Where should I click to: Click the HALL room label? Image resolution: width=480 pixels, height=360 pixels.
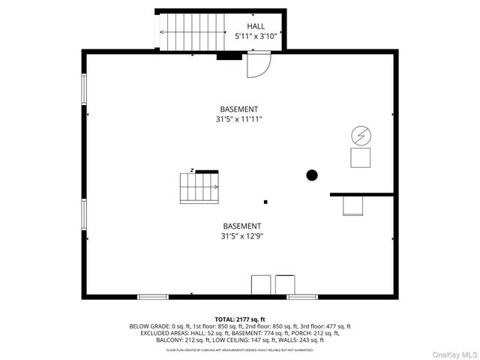click(256, 26)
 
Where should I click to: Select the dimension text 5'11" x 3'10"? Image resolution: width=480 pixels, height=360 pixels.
click(256, 36)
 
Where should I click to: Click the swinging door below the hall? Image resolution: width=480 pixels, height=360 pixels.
click(257, 65)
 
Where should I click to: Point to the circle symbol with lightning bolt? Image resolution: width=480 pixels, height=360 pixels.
click(361, 135)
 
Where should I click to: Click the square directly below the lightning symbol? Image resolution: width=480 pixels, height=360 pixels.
click(361, 157)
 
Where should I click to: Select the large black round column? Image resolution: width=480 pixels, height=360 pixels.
click(312, 175)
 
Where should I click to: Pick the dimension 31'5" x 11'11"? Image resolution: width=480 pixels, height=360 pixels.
click(239, 118)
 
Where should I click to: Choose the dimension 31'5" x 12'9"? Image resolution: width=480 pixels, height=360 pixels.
click(241, 235)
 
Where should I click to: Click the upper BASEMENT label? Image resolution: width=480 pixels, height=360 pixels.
click(239, 109)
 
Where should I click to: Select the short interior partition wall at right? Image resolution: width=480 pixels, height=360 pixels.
click(361, 194)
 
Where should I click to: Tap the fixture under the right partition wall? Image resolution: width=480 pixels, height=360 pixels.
click(353, 205)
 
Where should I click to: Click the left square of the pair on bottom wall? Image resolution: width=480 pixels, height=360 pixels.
click(260, 285)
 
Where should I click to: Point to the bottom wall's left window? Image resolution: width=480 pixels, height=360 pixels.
click(153, 297)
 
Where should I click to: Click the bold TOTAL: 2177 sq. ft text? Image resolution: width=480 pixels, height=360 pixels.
click(240, 319)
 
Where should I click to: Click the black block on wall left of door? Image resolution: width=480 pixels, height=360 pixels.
click(229, 55)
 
